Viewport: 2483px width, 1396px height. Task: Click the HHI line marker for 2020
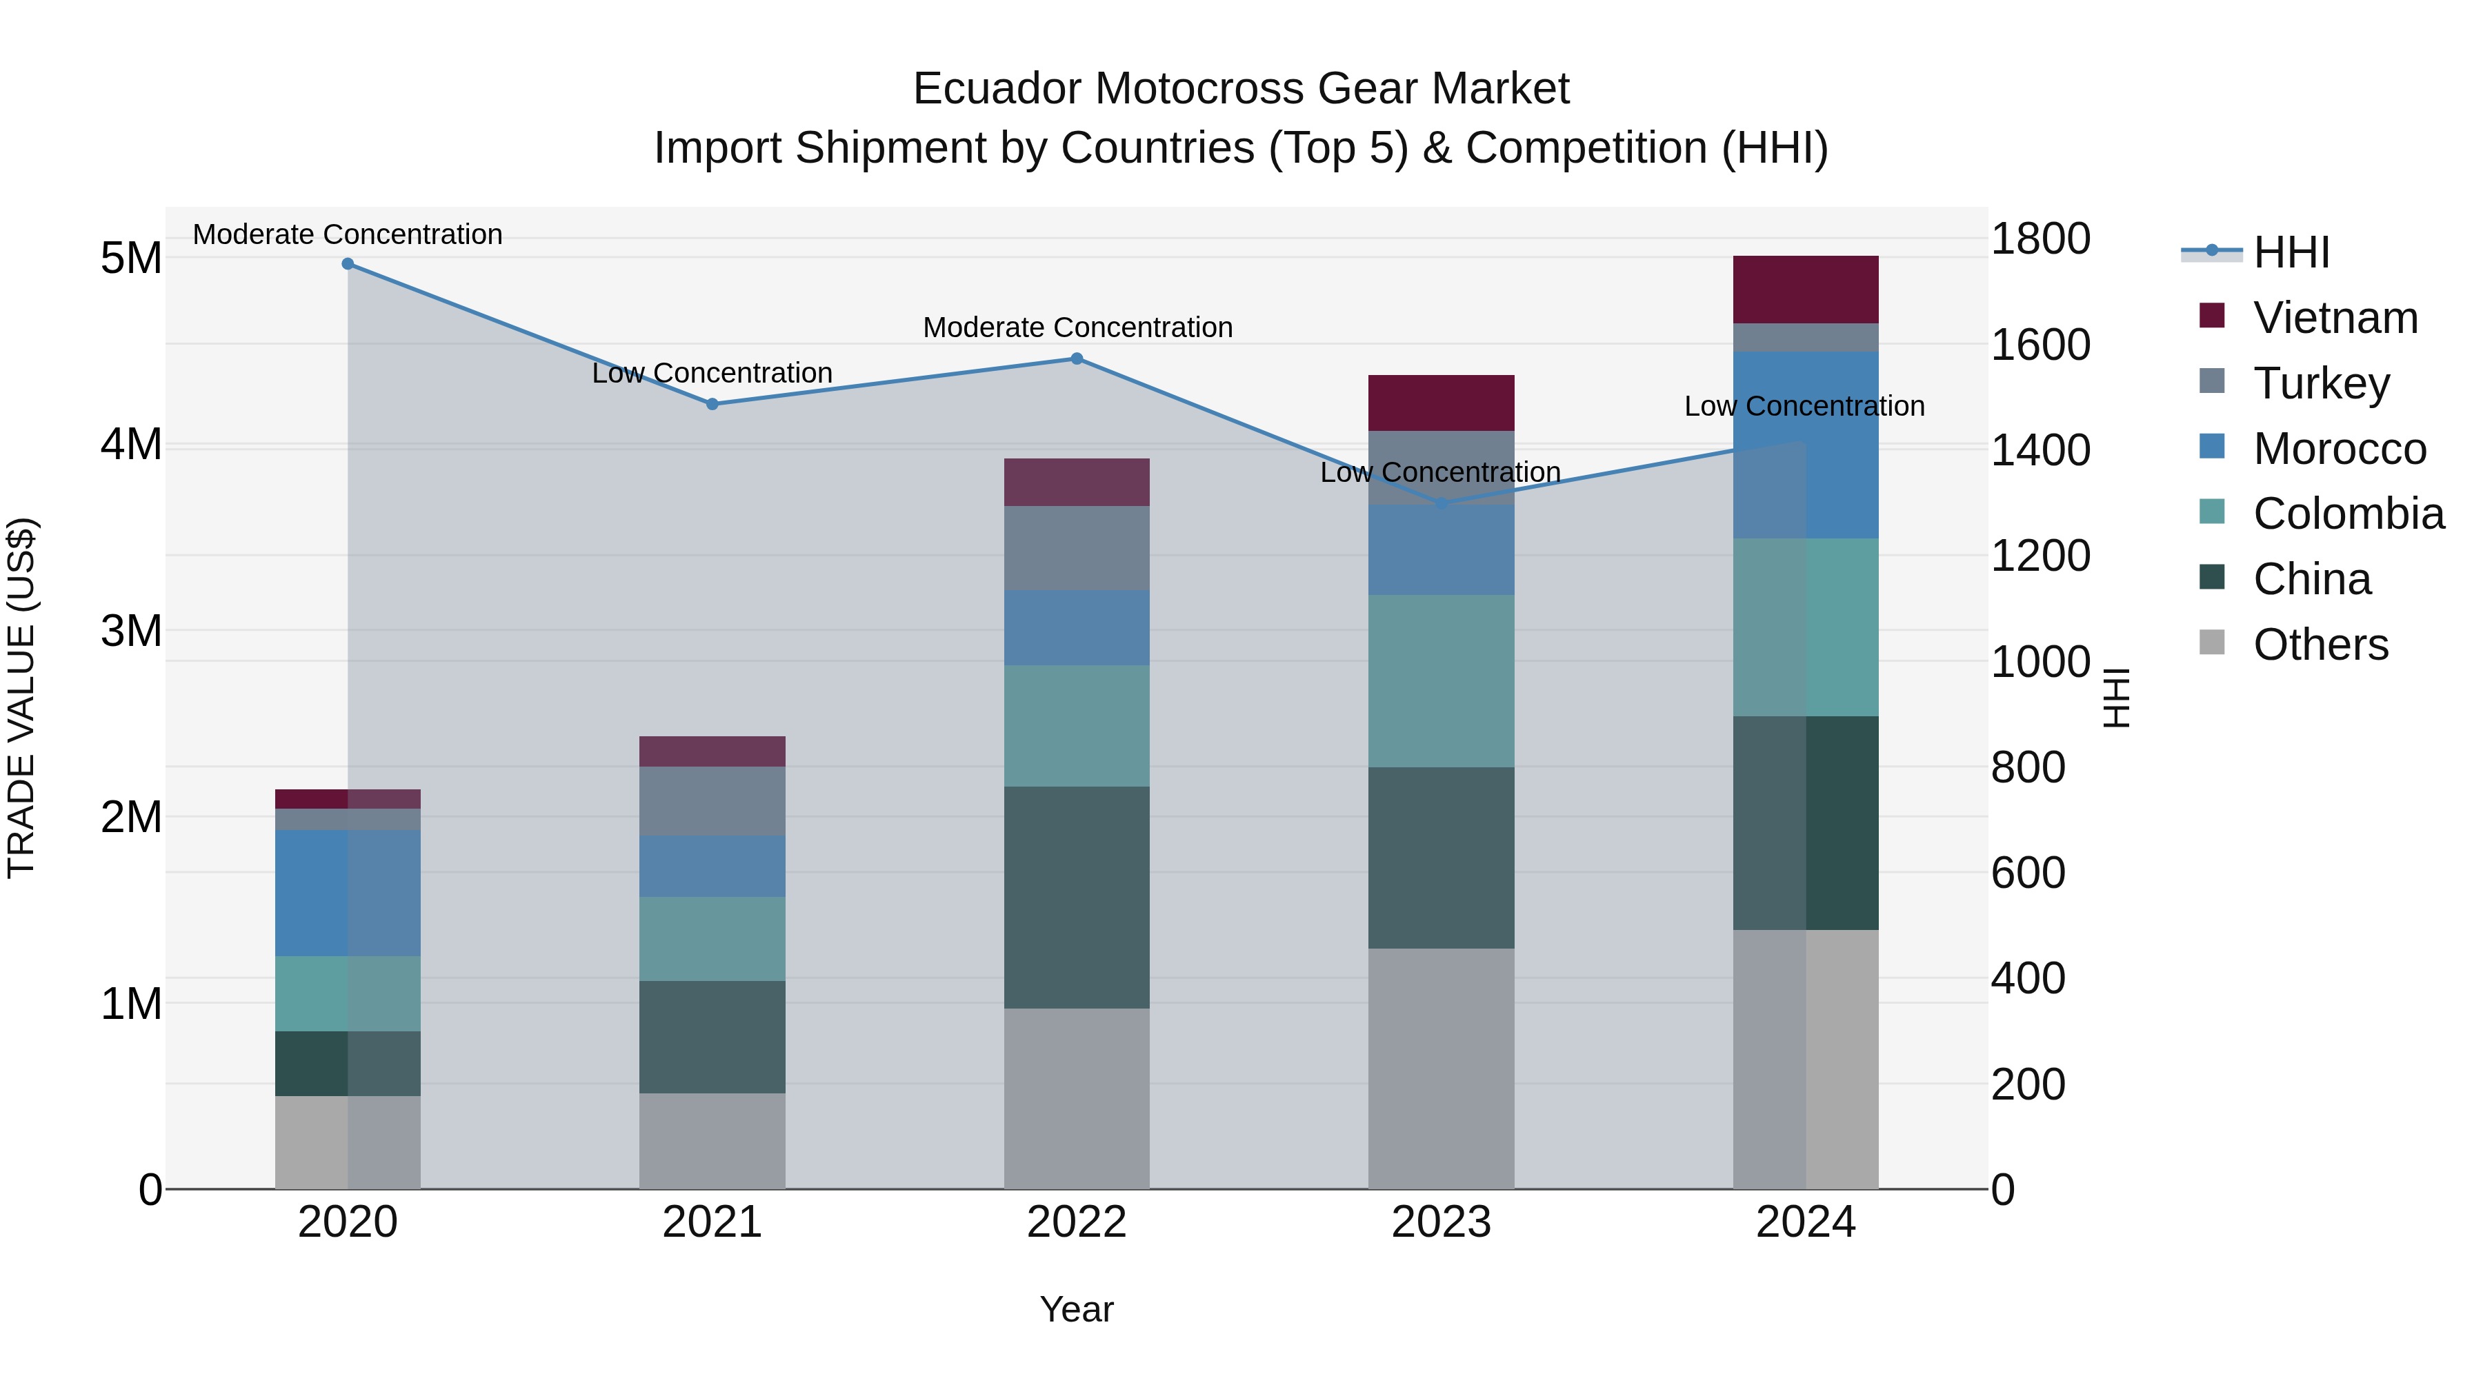click(x=348, y=264)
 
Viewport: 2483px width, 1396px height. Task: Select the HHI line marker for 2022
click(x=1077, y=359)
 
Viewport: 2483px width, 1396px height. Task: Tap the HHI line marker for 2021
click(x=712, y=405)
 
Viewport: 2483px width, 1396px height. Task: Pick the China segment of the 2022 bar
click(x=1077, y=898)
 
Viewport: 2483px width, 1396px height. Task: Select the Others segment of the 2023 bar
click(x=1441, y=1069)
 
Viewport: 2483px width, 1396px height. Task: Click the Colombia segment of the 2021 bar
click(x=712, y=940)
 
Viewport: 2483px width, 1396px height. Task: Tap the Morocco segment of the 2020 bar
click(x=348, y=893)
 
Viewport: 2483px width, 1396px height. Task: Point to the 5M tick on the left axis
click(x=131, y=259)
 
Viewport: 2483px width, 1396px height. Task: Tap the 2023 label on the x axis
click(x=1441, y=1222)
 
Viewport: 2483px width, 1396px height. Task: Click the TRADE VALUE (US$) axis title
click(x=21, y=698)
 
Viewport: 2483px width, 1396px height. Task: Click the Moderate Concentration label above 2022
click(x=1077, y=327)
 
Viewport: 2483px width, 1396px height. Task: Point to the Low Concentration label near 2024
click(x=1804, y=407)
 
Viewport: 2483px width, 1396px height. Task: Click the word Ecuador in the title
click(x=997, y=89)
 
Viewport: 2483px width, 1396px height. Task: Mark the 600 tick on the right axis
click(x=2028, y=873)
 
